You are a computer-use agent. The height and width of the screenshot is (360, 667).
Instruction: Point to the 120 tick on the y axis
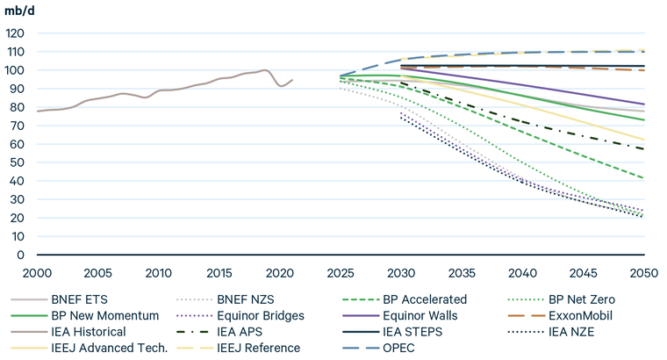coord(17,33)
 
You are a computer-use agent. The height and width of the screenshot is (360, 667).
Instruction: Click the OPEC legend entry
coord(391,348)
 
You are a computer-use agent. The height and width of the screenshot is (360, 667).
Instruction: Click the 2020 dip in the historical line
coord(281,86)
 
